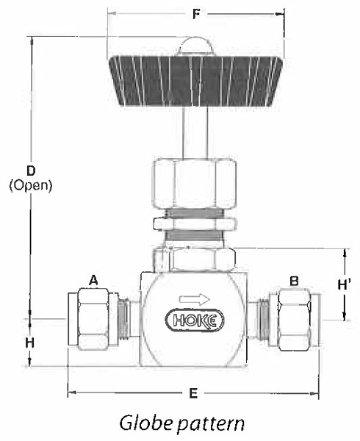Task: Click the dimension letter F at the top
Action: [196, 15]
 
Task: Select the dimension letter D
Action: [31, 171]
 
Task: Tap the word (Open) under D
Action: [31, 186]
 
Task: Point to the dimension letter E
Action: [193, 393]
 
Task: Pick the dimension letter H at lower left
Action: [30, 343]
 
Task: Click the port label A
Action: [93, 281]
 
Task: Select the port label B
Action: [294, 281]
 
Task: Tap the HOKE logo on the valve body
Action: [195, 320]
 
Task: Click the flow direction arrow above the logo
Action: [195, 299]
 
